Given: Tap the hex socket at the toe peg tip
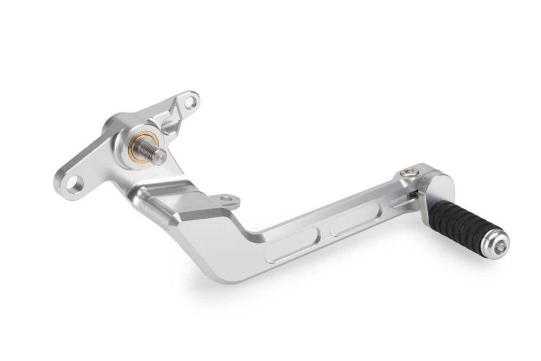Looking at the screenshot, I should pos(501,246).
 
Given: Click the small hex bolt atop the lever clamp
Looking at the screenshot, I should pos(408,173).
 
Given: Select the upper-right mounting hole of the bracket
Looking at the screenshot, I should pos(190,102).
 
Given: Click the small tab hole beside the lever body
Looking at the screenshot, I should pos(228,199).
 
